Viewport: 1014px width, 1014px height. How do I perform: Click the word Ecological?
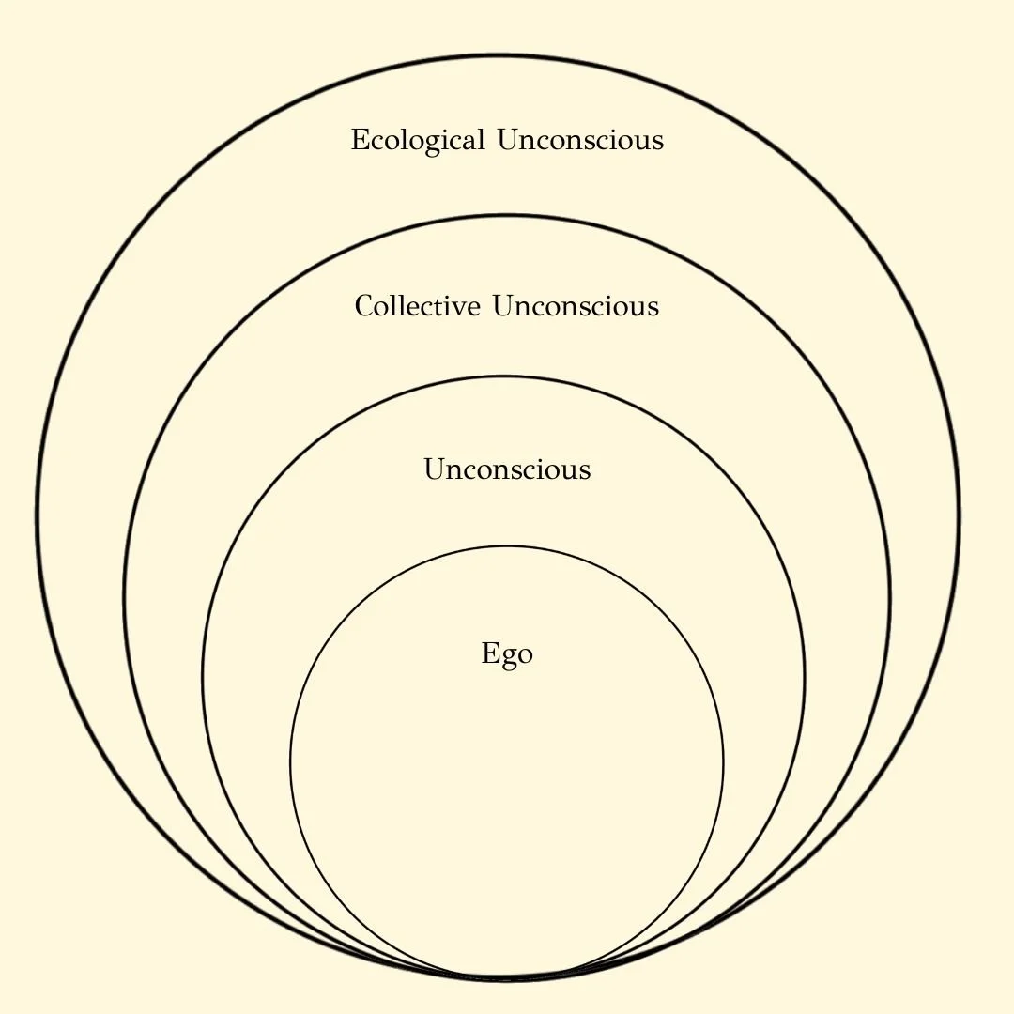pos(418,141)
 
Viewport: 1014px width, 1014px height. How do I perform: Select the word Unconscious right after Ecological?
pos(580,140)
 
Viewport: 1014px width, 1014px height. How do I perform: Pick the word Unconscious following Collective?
pos(576,306)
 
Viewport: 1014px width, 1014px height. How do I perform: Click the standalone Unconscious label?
pos(507,469)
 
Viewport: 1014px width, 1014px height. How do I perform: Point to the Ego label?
pos(507,653)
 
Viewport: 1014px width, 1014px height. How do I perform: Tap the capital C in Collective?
pos(364,306)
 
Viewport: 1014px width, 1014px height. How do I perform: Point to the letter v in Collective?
pos(461,308)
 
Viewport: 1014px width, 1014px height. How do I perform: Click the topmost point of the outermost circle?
pos(499,55)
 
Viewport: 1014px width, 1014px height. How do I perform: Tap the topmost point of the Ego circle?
pos(507,545)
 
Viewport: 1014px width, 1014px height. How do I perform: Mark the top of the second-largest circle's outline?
pos(507,216)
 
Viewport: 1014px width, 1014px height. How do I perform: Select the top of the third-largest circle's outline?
pos(504,376)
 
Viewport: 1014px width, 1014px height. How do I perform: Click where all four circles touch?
pos(504,979)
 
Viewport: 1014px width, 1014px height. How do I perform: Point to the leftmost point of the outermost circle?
pos(38,517)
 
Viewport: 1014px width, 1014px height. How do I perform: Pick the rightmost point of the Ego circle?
pos(723,762)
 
